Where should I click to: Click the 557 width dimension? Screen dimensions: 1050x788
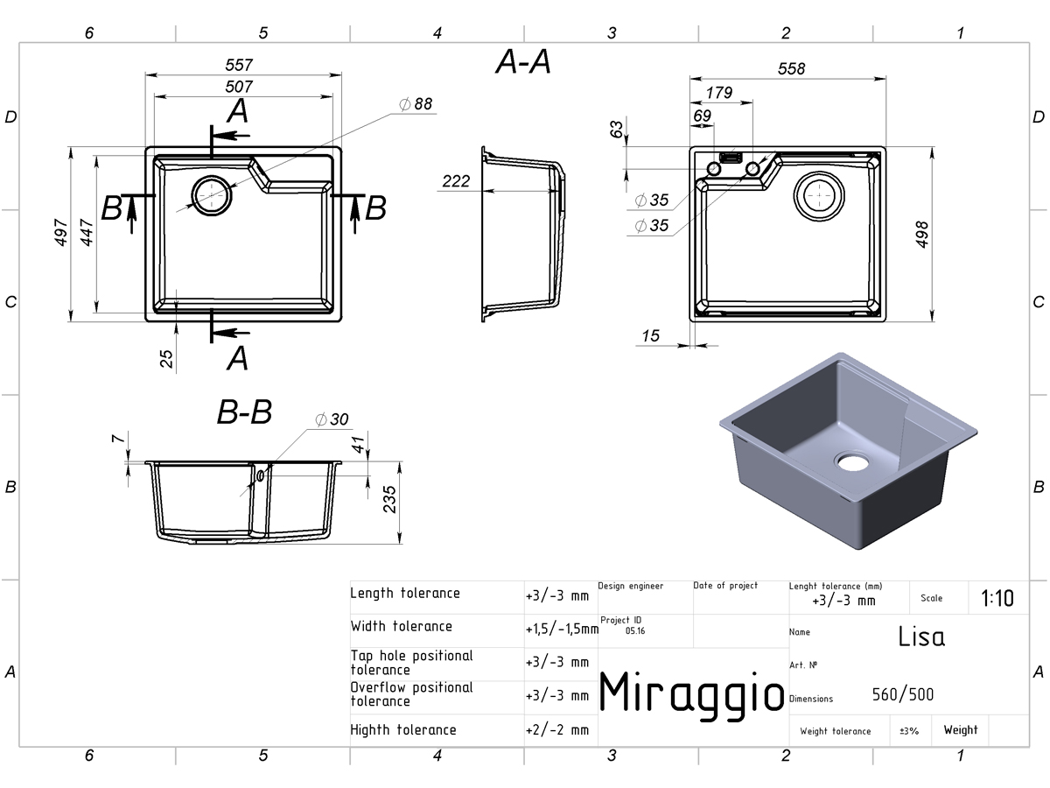click(x=239, y=65)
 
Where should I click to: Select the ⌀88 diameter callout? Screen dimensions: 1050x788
click(x=416, y=104)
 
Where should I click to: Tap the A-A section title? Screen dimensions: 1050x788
click(x=523, y=61)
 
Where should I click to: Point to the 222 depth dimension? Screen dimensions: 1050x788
click(x=456, y=181)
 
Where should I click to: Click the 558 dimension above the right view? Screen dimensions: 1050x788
click(x=791, y=68)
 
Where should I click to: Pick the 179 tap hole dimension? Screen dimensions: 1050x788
click(x=719, y=92)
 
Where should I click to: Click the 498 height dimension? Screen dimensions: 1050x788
click(x=921, y=235)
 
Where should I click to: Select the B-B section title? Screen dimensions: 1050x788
click(x=244, y=412)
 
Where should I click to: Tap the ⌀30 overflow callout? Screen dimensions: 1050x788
click(x=332, y=419)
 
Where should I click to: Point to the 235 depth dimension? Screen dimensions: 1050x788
click(x=390, y=499)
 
